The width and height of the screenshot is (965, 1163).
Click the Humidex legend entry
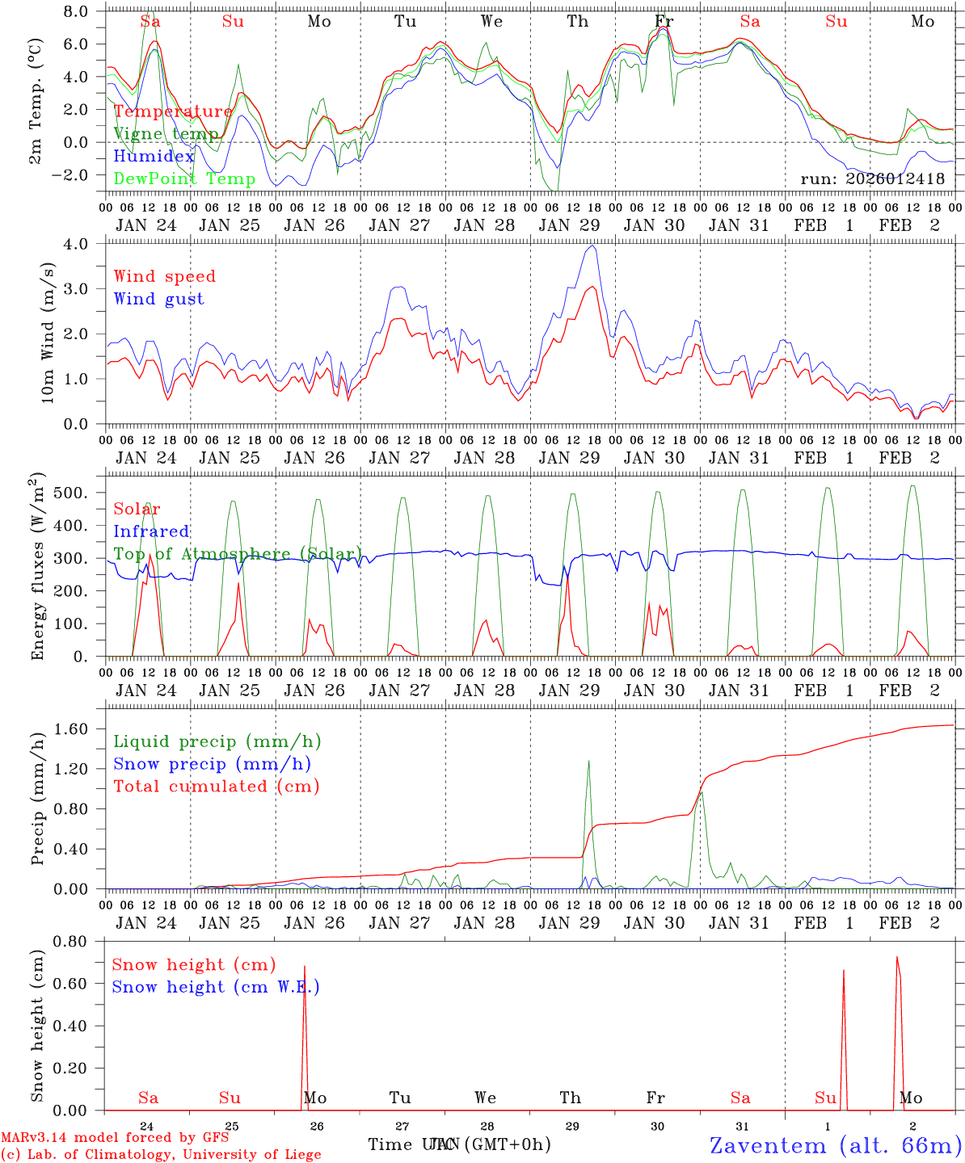[x=154, y=157]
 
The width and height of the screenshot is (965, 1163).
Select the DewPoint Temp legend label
[x=184, y=179]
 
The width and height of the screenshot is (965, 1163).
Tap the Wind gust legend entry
[x=158, y=299]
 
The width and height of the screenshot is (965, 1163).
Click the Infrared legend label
[x=151, y=531]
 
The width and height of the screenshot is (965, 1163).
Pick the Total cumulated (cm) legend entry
[x=216, y=786]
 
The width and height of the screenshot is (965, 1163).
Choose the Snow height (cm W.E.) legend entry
[x=215, y=987]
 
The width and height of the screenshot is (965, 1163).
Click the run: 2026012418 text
[x=872, y=179]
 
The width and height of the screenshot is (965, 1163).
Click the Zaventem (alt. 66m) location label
[x=835, y=1145]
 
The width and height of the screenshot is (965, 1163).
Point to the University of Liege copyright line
[x=161, y=1154]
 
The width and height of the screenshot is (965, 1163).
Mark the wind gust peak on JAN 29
[x=594, y=246]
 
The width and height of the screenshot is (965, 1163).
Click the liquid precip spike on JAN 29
[x=588, y=761]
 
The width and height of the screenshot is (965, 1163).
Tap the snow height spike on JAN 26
[x=305, y=967]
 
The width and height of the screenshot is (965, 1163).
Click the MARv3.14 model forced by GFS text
[x=115, y=1138]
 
